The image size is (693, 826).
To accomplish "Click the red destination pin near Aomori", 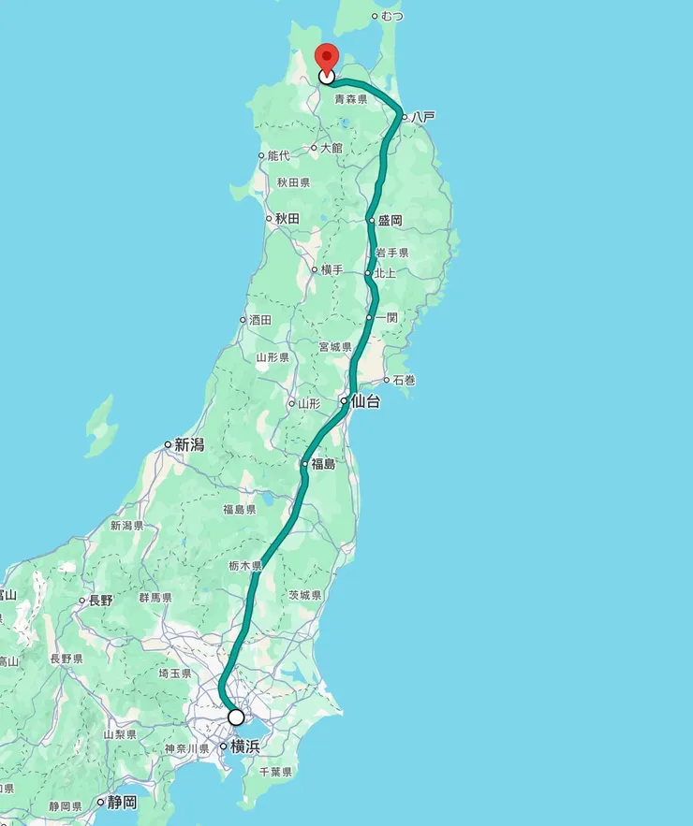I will pos(327,57).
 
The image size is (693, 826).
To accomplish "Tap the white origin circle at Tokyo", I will pos(236,717).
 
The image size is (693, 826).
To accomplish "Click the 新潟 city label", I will pos(189,445).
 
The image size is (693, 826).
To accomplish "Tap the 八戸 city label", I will pos(423,117).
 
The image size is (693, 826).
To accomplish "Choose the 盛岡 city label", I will pos(390,221).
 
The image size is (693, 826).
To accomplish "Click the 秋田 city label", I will pos(287,219).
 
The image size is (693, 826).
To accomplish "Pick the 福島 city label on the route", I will pos(323,464).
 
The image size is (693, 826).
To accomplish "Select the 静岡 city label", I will pos(122,803).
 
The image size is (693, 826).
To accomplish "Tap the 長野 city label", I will pos(100,601).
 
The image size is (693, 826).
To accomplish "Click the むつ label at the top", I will pos(392,16).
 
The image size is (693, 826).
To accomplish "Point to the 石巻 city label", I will pos(404,380).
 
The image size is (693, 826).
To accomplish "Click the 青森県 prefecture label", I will pos(350,98).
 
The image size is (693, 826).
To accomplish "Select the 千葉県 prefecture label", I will pos(275,773).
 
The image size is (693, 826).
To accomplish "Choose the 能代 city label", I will pos(278,155).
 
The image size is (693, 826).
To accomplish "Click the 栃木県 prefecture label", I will pos(245,566).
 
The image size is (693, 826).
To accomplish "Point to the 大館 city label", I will pos(331,148).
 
